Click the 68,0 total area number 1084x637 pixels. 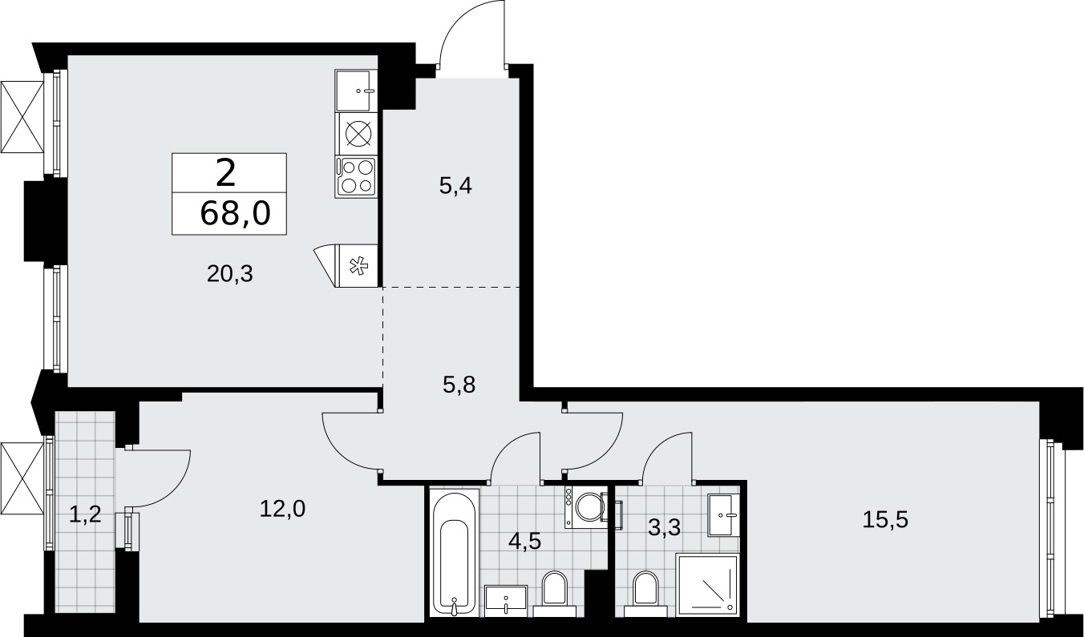235,213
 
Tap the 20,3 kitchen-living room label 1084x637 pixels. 230,274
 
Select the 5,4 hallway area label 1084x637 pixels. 455,186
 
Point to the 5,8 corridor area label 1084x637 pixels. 459,385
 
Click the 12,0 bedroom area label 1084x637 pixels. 282,509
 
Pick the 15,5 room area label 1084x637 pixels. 886,519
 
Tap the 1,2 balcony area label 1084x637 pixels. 85,514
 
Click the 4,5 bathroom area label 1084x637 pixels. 524,541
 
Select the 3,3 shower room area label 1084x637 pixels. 665,528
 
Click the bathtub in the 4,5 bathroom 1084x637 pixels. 455,552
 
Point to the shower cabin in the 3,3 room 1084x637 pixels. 707,585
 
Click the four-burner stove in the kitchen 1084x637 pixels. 356,177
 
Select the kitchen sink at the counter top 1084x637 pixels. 356,91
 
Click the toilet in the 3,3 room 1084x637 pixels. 645,594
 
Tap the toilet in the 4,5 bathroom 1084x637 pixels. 555,594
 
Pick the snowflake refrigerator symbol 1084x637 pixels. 358,266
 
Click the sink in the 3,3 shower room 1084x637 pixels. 723,515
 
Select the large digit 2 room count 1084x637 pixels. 225,173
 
